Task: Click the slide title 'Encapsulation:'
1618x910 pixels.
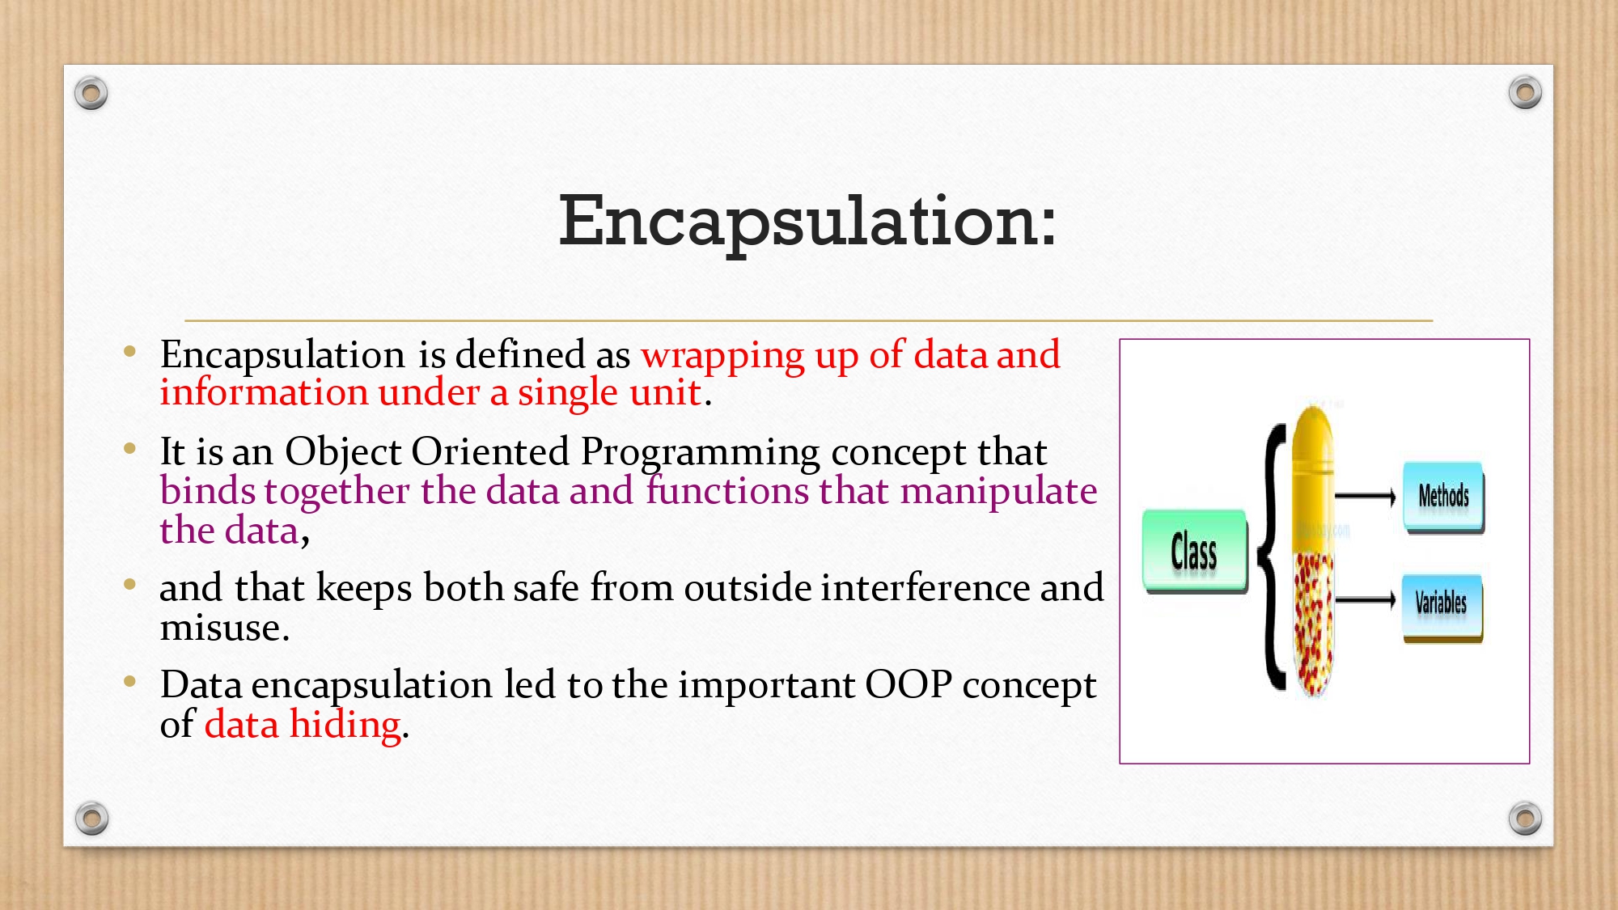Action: pyautogui.click(x=807, y=221)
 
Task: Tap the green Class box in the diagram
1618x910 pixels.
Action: pyautogui.click(x=1195, y=552)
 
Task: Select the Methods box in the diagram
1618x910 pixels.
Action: pyautogui.click(x=1444, y=497)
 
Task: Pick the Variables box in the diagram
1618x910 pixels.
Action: pyautogui.click(x=1442, y=607)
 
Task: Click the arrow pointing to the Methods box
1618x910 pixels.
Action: pyautogui.click(x=1366, y=497)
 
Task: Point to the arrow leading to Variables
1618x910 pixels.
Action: pyautogui.click(x=1366, y=600)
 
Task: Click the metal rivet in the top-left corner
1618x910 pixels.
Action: pyautogui.click(x=91, y=93)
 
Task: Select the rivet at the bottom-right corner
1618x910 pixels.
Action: pyautogui.click(x=1525, y=819)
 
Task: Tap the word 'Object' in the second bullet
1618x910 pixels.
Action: pyautogui.click(x=343, y=452)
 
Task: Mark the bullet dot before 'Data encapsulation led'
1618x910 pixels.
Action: pyautogui.click(x=129, y=681)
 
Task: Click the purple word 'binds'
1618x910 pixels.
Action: pyautogui.click(x=207, y=491)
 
